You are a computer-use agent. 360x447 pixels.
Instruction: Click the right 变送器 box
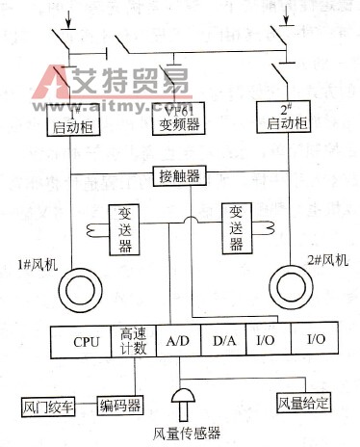[236, 228]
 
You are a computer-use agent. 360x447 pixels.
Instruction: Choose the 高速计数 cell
[133, 341]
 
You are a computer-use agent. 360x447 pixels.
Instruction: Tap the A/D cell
[177, 341]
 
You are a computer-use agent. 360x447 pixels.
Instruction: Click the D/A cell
[224, 341]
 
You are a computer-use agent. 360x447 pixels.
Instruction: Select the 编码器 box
[121, 404]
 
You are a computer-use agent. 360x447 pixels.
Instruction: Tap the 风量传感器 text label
[182, 432]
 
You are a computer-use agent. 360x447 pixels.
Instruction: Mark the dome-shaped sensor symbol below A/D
[181, 398]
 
